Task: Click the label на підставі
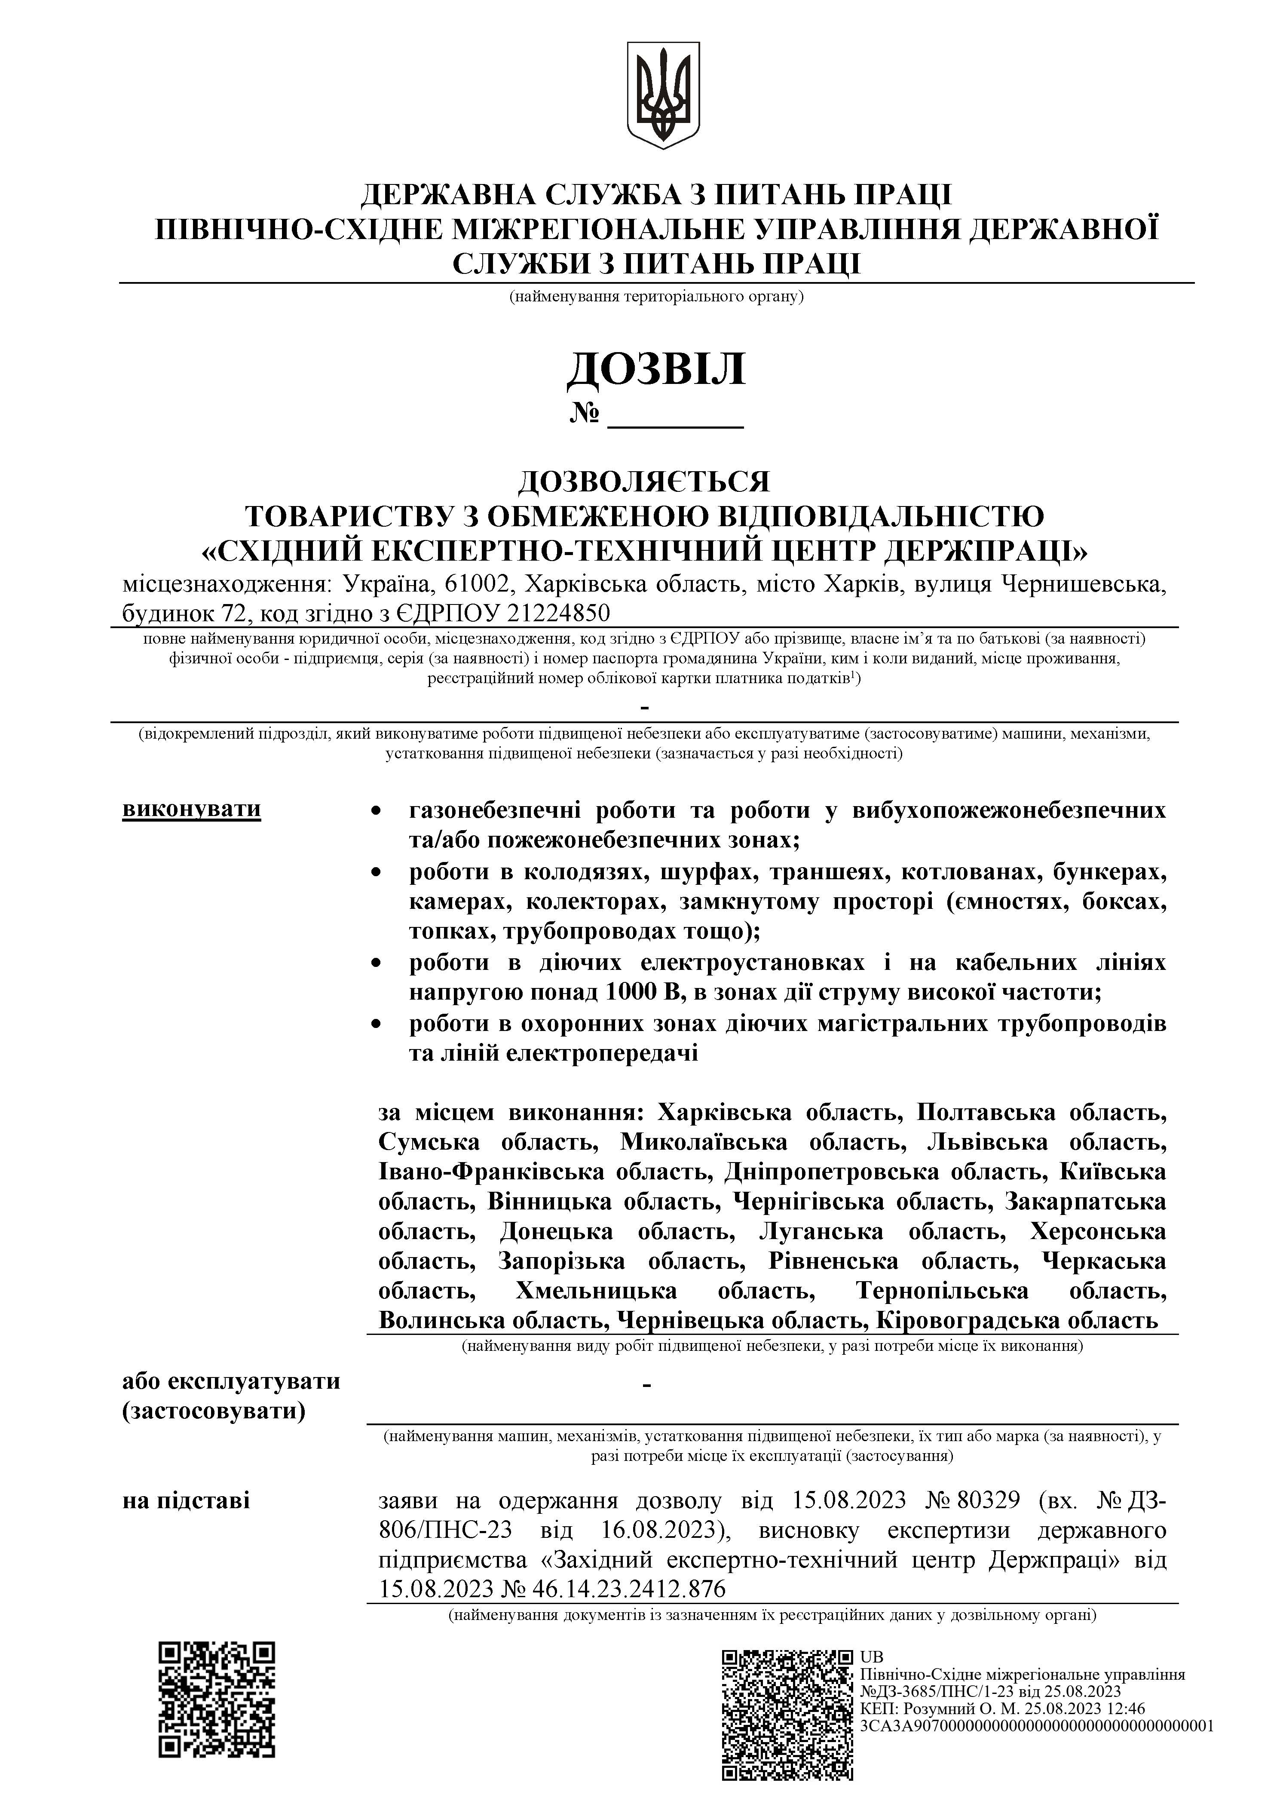[187, 1500]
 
